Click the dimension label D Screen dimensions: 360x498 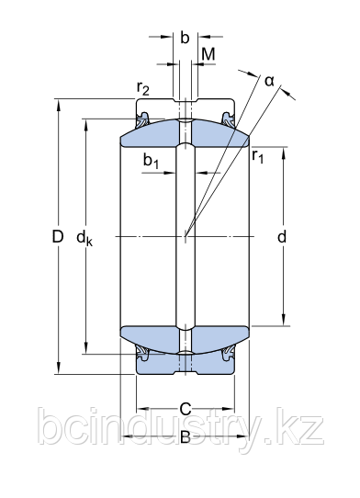click(x=58, y=237)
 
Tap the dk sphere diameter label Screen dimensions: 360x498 click(x=84, y=238)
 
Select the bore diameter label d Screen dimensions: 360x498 click(x=282, y=237)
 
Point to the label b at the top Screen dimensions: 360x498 click(x=185, y=37)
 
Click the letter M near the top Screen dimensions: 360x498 click(x=208, y=54)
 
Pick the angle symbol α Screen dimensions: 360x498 click(x=269, y=81)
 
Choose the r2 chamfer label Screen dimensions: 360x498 click(x=143, y=88)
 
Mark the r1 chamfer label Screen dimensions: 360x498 click(x=257, y=156)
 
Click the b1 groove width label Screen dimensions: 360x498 click(x=151, y=161)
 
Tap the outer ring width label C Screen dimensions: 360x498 click(x=186, y=409)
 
